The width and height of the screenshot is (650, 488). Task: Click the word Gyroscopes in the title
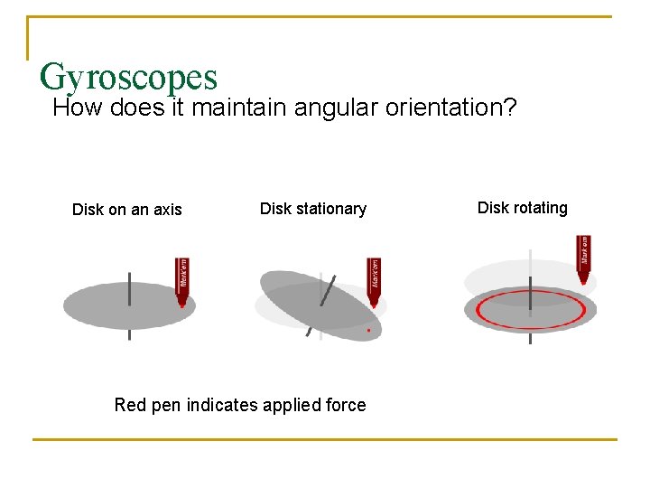(x=128, y=77)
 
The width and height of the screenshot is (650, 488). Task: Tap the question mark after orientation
(x=510, y=108)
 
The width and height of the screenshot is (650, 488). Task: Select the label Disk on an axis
(x=126, y=210)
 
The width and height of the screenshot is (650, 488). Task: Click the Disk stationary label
(x=312, y=209)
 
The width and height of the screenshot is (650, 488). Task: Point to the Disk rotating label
(x=522, y=208)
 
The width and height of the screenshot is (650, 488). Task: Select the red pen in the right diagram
(x=583, y=258)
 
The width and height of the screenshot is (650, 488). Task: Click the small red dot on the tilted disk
(x=368, y=331)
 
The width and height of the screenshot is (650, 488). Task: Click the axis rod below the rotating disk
(x=530, y=339)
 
